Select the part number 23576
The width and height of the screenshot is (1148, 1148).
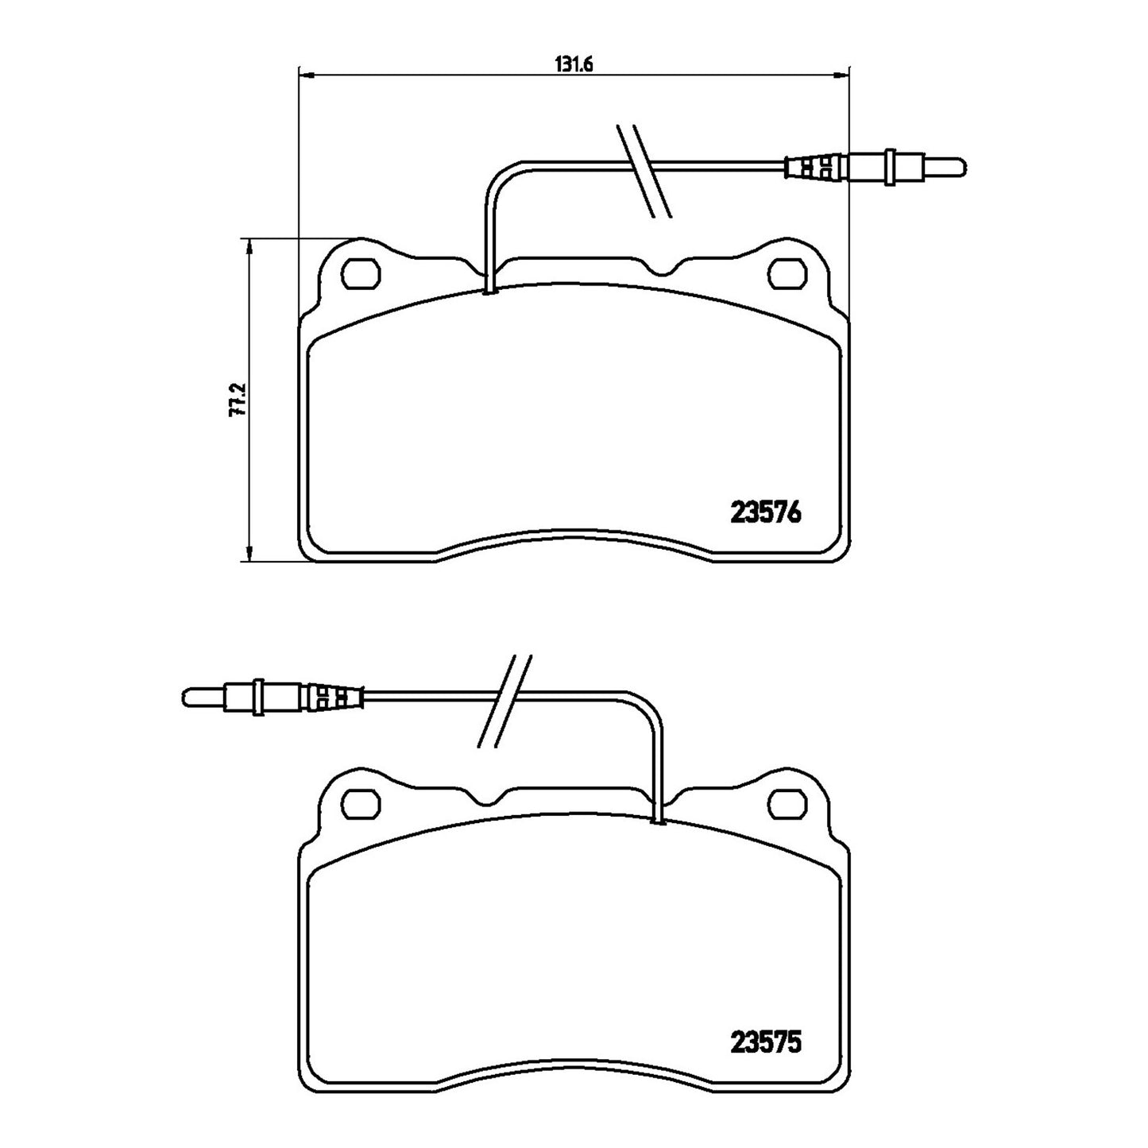click(766, 513)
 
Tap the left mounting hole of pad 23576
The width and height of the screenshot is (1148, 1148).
click(361, 273)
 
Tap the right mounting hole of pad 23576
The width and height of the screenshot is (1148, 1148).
click(788, 273)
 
